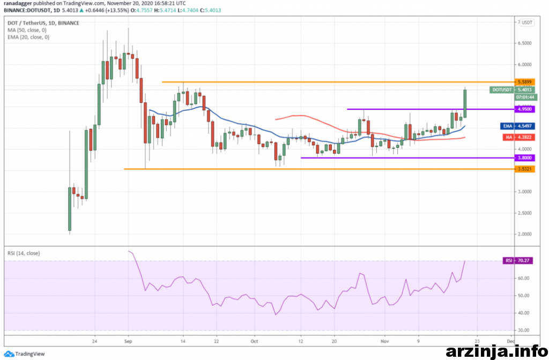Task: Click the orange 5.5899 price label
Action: click(524, 81)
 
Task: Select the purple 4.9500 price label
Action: click(524, 109)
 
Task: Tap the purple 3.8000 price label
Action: click(524, 158)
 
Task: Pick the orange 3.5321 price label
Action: click(524, 169)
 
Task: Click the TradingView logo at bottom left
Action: click(27, 353)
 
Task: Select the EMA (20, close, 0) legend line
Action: click(29, 37)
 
